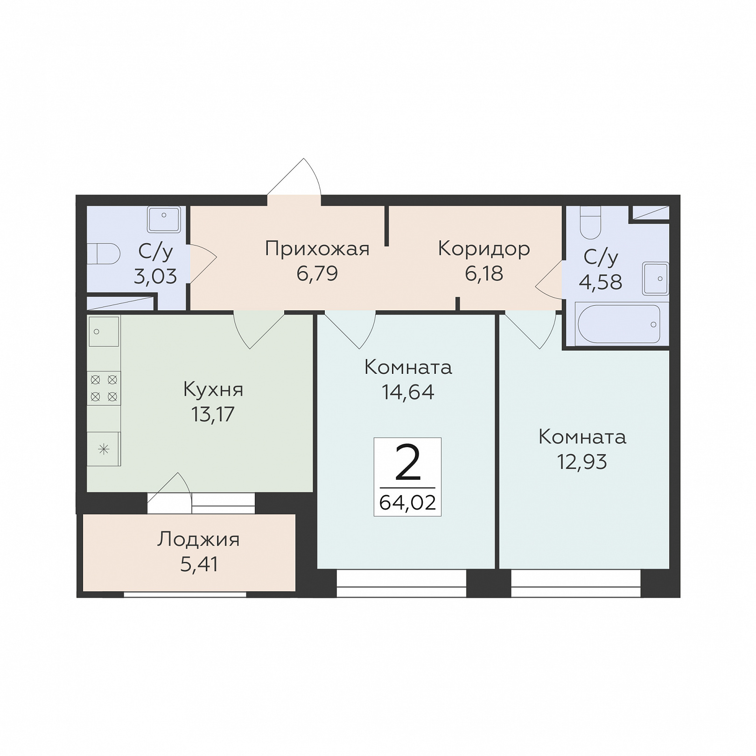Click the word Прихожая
click(x=317, y=249)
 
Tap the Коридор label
click(x=484, y=249)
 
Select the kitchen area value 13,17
click(x=213, y=414)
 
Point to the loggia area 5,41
click(x=199, y=564)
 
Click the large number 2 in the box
click(x=408, y=462)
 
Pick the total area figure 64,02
click(x=407, y=503)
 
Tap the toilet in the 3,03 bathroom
click(x=103, y=253)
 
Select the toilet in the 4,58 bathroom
click(x=590, y=223)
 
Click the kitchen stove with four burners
click(x=104, y=388)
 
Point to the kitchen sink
click(x=104, y=331)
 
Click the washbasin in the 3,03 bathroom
click(x=164, y=219)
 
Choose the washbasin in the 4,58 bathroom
click(x=656, y=279)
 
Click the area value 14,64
click(x=408, y=392)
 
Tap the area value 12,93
click(x=582, y=462)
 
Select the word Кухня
click(x=213, y=389)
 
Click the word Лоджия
click(x=198, y=540)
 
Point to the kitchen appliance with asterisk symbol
click(x=104, y=449)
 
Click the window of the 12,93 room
click(x=576, y=583)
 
